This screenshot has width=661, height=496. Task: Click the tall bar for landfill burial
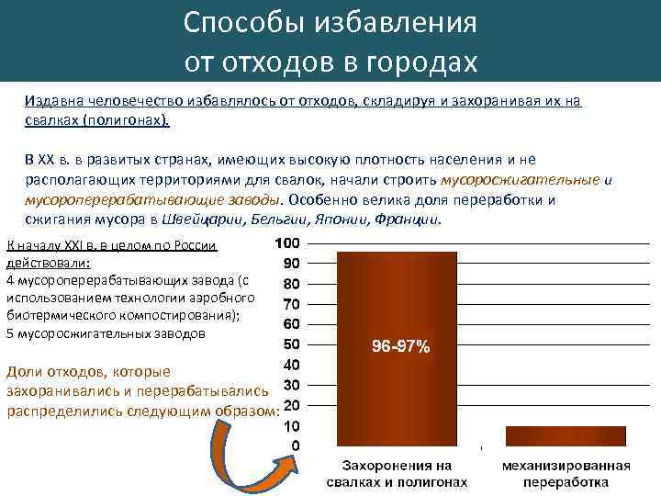pyautogui.click(x=398, y=303)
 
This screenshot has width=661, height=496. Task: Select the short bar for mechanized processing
pyautogui.click(x=565, y=436)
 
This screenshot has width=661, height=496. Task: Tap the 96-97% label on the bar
pyautogui.click(x=399, y=347)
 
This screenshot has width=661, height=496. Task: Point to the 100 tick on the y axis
pyautogui.click(x=286, y=243)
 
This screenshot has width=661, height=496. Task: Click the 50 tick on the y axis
pyautogui.click(x=290, y=344)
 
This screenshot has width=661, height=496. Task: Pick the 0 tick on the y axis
pyautogui.click(x=294, y=446)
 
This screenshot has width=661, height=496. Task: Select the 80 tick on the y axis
pyautogui.click(x=290, y=284)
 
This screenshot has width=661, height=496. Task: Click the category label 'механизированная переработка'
pyautogui.click(x=566, y=473)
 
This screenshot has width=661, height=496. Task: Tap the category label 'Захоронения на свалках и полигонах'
pyautogui.click(x=398, y=473)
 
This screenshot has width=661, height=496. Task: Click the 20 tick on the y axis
pyautogui.click(x=290, y=405)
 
